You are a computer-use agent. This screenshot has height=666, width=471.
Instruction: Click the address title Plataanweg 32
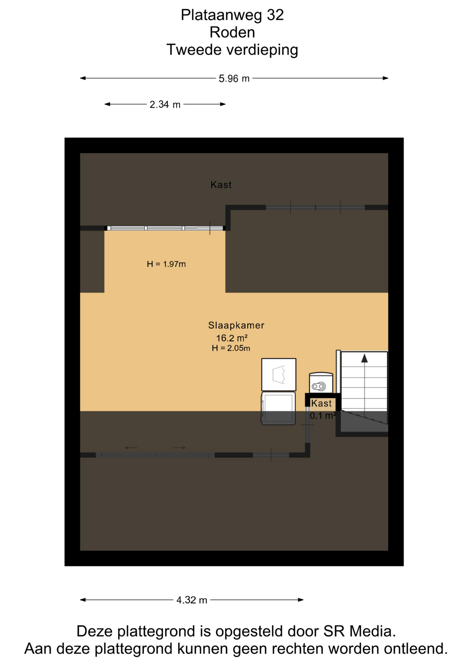(x=232, y=15)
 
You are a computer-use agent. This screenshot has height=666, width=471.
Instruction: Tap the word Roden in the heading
(x=232, y=32)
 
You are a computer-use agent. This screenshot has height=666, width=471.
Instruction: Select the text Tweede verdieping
(x=232, y=50)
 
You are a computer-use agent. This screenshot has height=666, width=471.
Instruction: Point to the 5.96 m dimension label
(x=234, y=79)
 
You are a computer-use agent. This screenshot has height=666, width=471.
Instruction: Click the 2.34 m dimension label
(x=165, y=104)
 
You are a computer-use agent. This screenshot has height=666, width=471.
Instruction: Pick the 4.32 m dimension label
(x=192, y=600)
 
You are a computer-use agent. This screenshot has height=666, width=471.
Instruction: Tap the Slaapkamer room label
(x=236, y=325)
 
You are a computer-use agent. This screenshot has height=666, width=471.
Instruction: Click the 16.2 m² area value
(x=232, y=338)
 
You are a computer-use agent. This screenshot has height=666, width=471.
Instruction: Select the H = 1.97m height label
(x=166, y=264)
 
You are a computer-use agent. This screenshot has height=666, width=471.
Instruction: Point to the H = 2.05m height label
(x=231, y=348)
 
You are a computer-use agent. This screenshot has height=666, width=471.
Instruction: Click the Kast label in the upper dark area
(x=221, y=185)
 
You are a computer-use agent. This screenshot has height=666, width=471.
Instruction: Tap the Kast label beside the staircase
(x=321, y=403)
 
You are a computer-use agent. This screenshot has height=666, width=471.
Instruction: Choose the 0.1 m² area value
(x=323, y=416)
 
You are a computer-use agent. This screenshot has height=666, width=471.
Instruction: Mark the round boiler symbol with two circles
(x=319, y=386)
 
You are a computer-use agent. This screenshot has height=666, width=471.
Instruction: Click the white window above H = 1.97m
(x=165, y=228)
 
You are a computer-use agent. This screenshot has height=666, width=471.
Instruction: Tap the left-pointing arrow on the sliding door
(x=131, y=447)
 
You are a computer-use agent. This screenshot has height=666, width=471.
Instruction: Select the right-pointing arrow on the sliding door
(x=179, y=447)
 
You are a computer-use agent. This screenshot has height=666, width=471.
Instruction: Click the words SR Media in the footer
(x=360, y=631)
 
